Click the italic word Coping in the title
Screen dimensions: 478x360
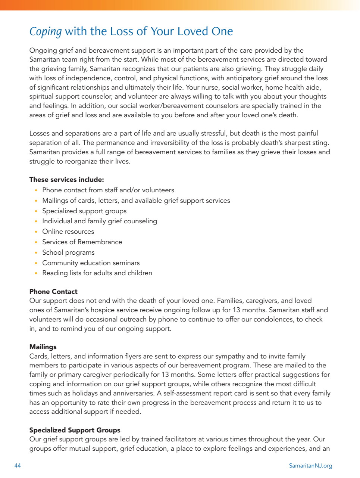46,32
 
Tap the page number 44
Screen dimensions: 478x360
18,466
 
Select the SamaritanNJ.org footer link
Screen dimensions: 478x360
310,466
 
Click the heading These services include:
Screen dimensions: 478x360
66,180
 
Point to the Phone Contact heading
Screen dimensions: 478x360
53,292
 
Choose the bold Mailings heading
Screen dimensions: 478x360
43,347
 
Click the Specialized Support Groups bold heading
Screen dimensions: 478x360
75,430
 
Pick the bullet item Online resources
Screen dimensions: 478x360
68,232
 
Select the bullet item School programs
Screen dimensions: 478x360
68,252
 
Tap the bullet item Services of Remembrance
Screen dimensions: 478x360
82,242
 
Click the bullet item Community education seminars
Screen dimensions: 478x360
91,263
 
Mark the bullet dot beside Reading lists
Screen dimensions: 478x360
36,273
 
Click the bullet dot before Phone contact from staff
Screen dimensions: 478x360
36,190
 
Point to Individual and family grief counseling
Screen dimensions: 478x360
100,221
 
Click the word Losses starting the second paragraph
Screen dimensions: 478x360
40,133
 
